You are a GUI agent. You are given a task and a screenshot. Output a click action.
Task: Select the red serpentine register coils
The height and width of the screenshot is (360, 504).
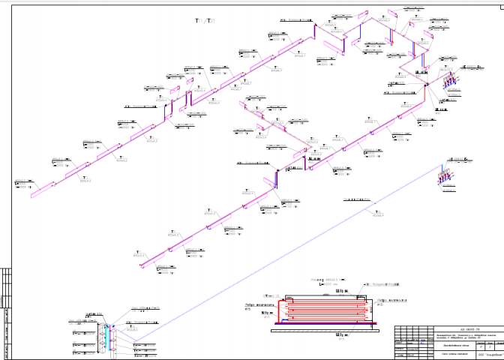click(x=322, y=308)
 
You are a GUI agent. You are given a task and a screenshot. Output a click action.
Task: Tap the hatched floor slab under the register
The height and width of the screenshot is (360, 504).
click(x=323, y=324)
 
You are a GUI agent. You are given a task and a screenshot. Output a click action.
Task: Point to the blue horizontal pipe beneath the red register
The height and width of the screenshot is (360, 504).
click(x=322, y=320)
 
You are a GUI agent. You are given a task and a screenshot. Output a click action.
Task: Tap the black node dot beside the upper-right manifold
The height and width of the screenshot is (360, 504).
click(x=426, y=83)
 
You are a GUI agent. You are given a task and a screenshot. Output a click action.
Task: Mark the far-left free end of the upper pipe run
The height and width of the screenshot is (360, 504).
click(x=31, y=194)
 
